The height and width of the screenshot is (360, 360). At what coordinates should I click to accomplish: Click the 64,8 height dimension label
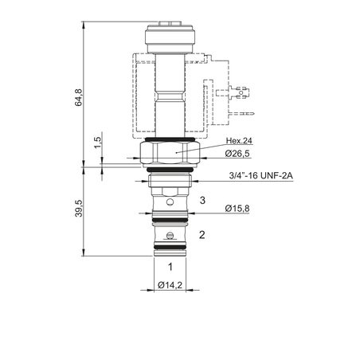[79, 97]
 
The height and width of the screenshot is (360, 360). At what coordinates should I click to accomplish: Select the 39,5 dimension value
[79, 209]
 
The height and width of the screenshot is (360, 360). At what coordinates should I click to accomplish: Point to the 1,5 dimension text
[98, 143]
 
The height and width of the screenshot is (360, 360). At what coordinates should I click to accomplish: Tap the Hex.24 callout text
[239, 141]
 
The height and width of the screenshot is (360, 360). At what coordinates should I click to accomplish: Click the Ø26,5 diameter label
[237, 154]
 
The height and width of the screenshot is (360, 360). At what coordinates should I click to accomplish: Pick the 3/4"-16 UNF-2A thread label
[261, 175]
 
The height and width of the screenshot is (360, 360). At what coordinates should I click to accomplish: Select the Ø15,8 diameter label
[237, 209]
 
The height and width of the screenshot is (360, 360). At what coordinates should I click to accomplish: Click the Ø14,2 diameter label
[170, 285]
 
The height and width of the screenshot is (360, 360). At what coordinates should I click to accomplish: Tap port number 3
[202, 200]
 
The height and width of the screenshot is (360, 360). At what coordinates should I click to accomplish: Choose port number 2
[202, 235]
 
